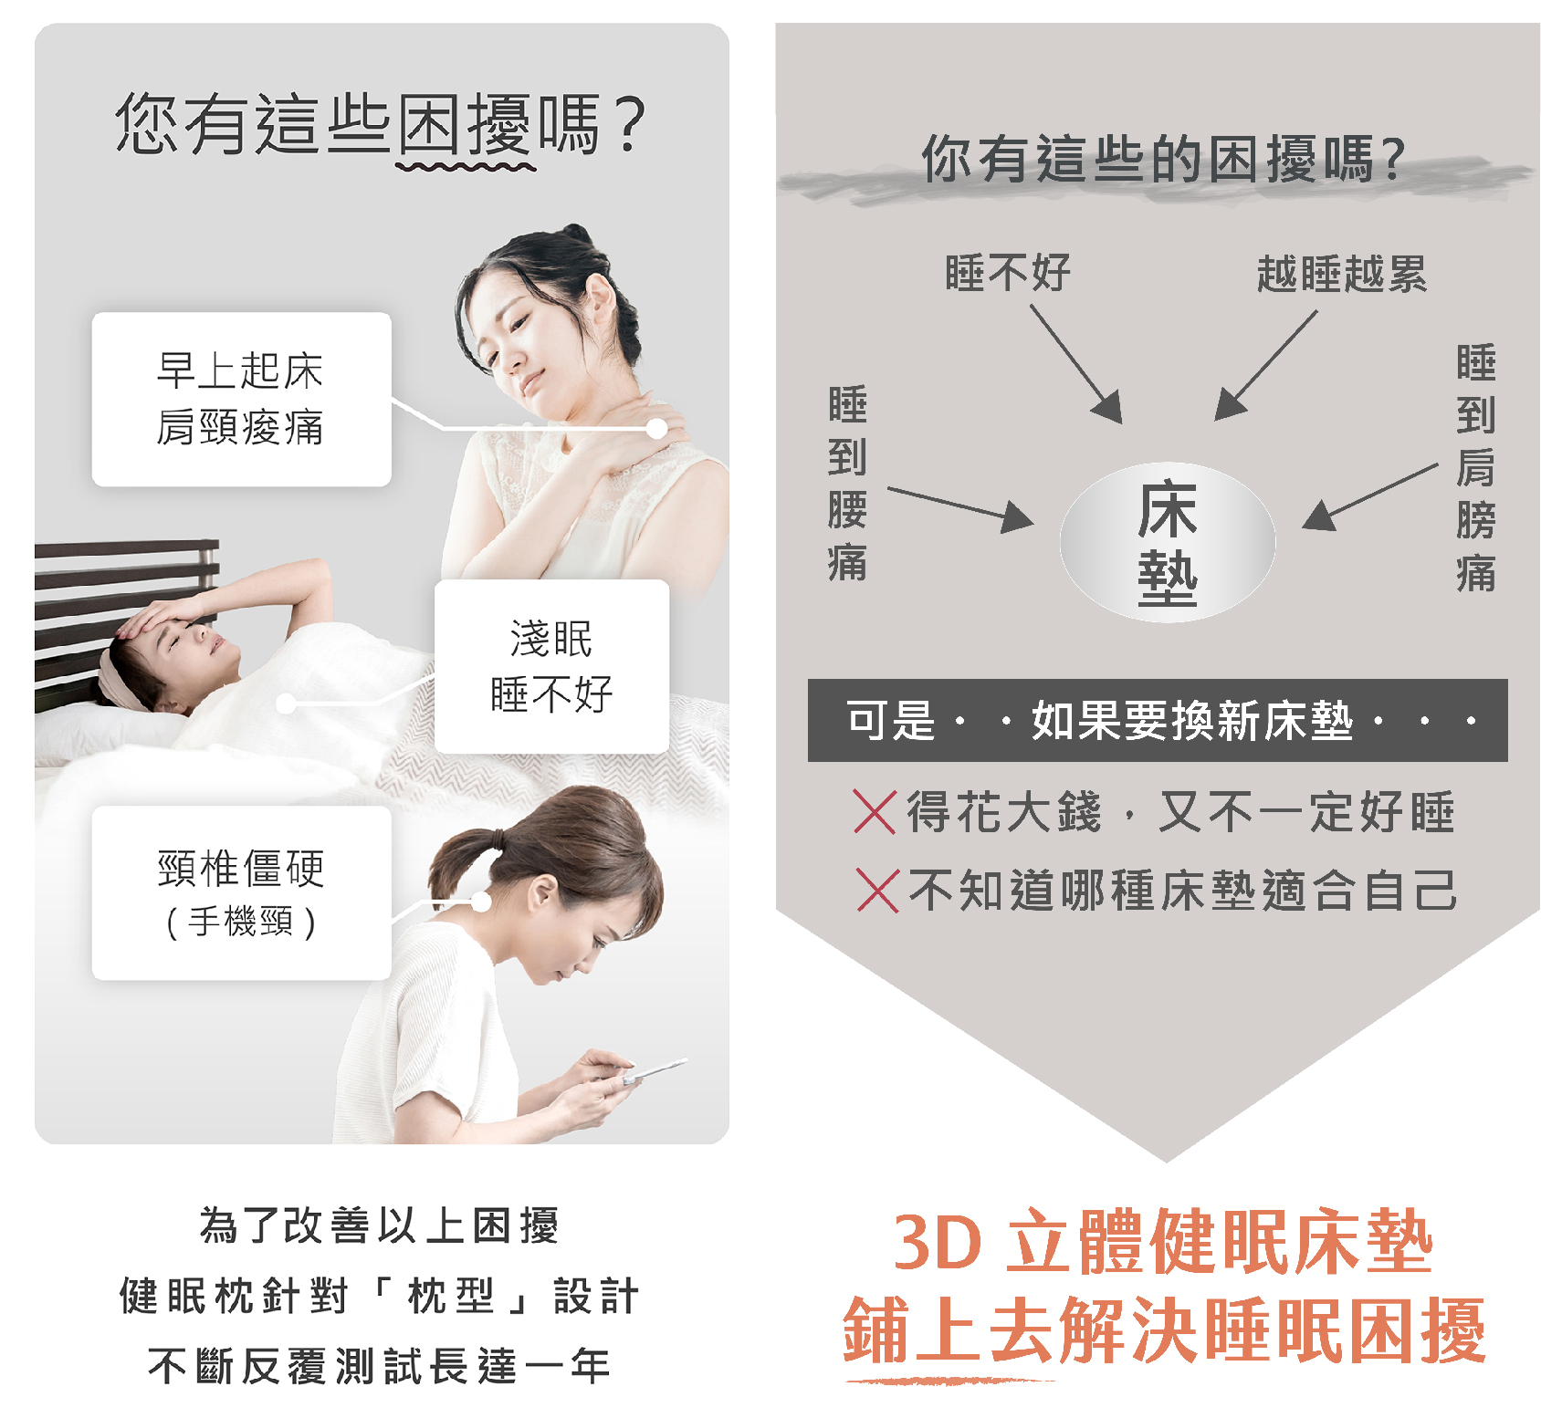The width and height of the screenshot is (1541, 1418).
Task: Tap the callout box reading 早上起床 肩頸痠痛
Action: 242,399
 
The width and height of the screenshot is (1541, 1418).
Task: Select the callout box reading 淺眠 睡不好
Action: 551,666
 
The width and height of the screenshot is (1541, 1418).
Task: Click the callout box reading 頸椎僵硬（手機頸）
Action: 242,892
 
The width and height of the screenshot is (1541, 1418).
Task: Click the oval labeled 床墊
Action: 1168,543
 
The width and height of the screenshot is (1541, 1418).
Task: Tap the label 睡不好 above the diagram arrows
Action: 1008,273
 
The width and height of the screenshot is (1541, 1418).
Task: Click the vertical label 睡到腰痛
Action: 847,484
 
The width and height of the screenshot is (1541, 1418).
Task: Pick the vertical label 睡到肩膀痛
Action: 1475,468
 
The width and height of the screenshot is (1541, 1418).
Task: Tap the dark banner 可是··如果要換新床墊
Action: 1158,720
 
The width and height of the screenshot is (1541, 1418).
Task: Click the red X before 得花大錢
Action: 875,811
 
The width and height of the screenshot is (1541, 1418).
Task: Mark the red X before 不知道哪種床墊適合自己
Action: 878,890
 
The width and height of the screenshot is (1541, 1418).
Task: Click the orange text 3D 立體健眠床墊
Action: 1162,1242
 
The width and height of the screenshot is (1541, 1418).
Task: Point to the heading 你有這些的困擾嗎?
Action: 1163,159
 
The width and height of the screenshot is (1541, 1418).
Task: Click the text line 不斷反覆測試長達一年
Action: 379,1366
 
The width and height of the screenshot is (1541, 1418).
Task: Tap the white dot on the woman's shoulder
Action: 656,428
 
